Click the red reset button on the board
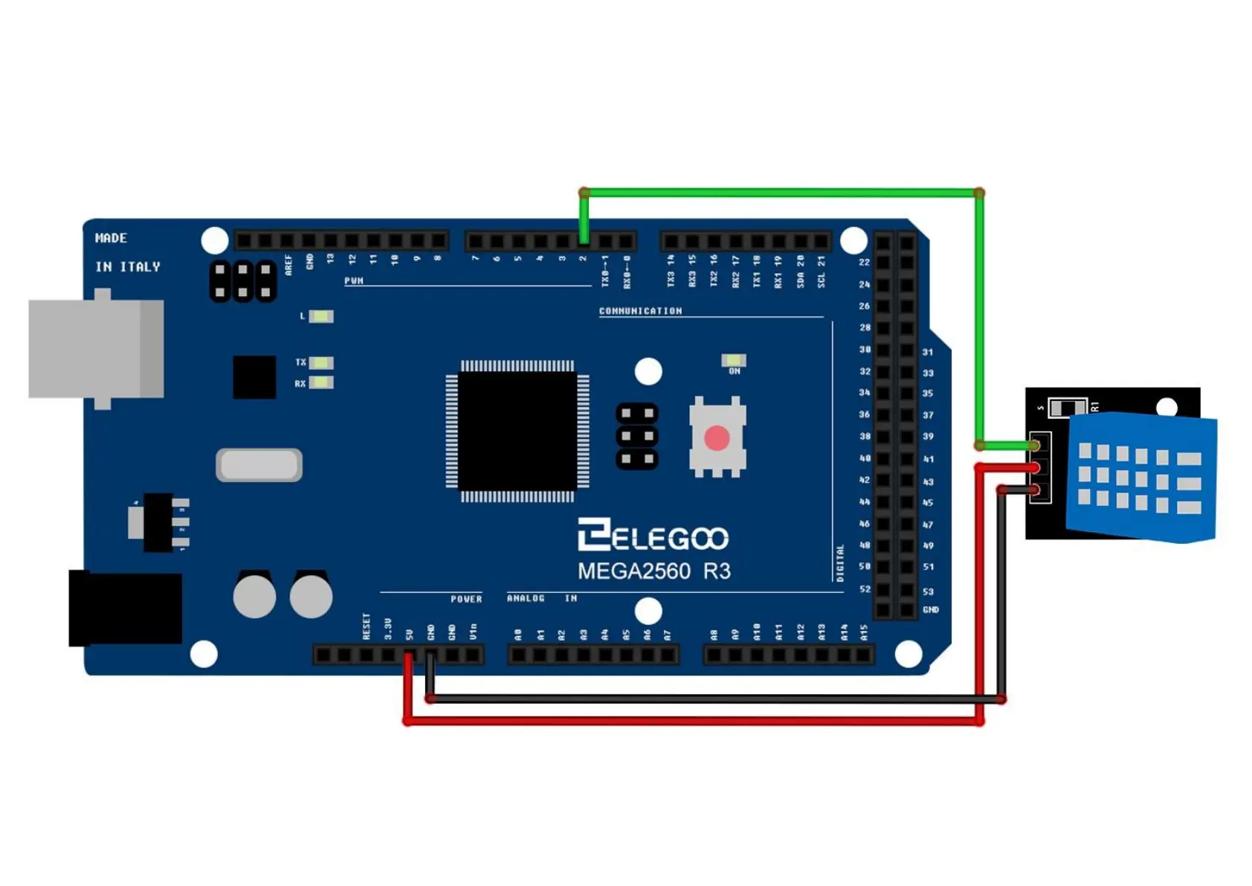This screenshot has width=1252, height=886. (x=716, y=438)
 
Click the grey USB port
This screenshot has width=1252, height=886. (x=96, y=349)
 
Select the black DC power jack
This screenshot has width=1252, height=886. (x=125, y=608)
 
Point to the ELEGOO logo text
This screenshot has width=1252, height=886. (x=653, y=536)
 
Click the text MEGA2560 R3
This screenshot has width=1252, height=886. (x=654, y=571)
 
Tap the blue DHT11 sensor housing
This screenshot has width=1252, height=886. (x=1140, y=477)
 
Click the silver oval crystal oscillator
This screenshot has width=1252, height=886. (x=259, y=465)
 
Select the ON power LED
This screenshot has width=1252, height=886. (x=733, y=360)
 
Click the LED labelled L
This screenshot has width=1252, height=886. (x=321, y=316)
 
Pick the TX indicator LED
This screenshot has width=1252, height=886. (x=321, y=362)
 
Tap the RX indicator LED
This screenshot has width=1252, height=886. (x=321, y=383)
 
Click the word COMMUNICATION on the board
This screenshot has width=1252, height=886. (x=640, y=311)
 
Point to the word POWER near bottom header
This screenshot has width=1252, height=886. (x=466, y=599)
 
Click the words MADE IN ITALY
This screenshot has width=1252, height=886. (x=127, y=252)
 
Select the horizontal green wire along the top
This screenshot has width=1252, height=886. (x=781, y=193)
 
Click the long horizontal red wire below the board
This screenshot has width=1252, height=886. (x=691, y=721)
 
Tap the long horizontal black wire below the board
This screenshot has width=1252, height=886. (x=714, y=699)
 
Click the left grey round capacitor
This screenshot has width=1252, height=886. (x=254, y=596)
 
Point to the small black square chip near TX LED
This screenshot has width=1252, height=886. (x=254, y=377)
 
